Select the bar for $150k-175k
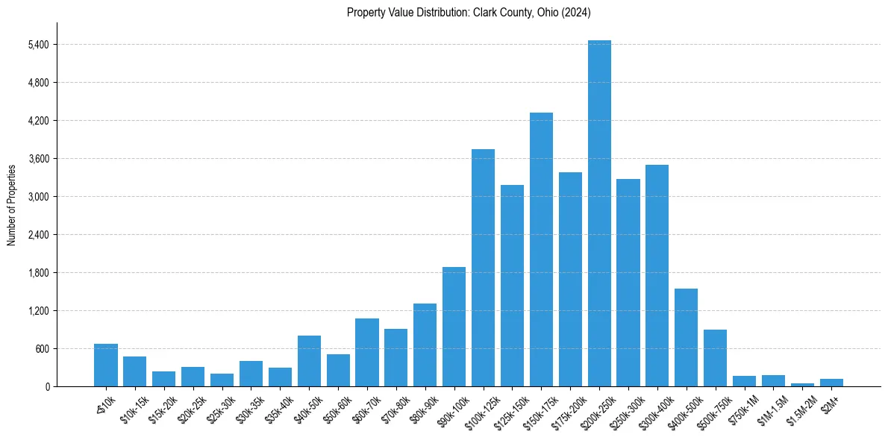(x=541, y=250)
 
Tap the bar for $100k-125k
(x=483, y=268)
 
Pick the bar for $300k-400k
(x=657, y=276)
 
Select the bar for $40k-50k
(x=309, y=361)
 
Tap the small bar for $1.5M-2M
(x=802, y=385)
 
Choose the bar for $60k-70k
(x=367, y=353)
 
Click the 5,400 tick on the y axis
(x=38, y=45)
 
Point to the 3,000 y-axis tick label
(x=38, y=197)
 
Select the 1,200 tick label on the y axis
(x=38, y=311)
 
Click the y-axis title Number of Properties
(x=11, y=204)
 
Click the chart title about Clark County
(x=469, y=13)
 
